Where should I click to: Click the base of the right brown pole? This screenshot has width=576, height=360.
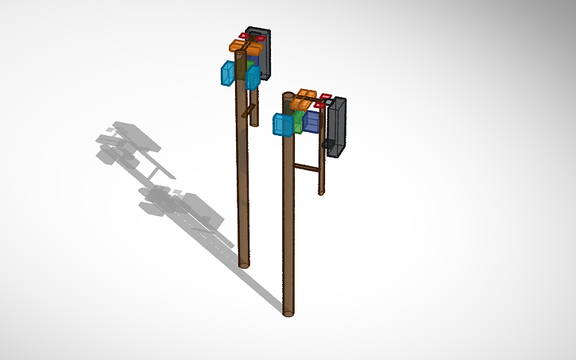(288, 312)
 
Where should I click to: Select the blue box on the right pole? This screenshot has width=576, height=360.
(282, 125)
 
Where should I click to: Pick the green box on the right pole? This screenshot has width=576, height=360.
(298, 122)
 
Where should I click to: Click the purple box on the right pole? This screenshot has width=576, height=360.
(311, 121)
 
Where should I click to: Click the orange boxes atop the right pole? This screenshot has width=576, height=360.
(304, 99)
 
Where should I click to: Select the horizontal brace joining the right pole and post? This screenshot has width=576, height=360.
(306, 167)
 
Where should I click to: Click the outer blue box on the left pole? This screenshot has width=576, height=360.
(228, 73)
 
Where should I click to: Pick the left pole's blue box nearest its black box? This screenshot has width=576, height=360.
(253, 77)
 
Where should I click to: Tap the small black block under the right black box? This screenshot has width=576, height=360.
(327, 144)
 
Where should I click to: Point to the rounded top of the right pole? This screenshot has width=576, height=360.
(288, 97)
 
